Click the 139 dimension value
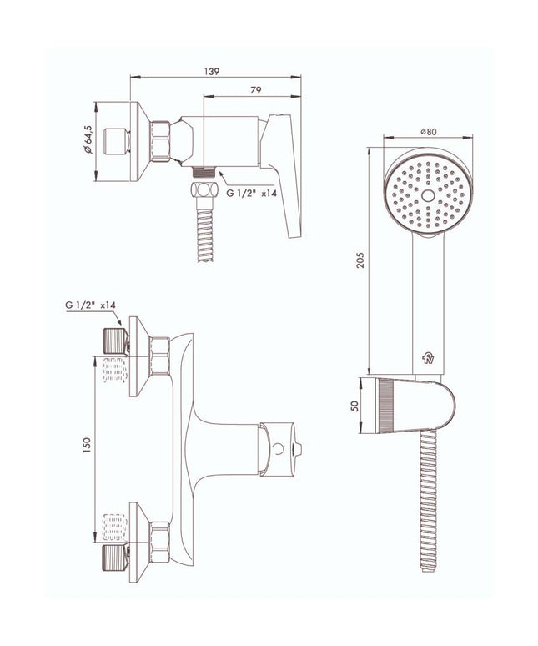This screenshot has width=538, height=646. click(x=212, y=71)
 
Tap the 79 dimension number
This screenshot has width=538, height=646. click(x=255, y=90)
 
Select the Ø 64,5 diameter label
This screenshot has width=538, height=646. click(x=88, y=139)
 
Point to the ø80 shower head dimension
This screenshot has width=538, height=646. click(x=428, y=131)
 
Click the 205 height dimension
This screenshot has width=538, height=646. click(x=360, y=260)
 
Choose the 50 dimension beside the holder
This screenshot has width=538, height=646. click(x=354, y=406)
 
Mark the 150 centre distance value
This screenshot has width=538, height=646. click(x=87, y=446)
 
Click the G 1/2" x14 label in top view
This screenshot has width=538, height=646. click(x=252, y=193)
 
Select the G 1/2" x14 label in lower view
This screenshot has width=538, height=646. click(x=90, y=305)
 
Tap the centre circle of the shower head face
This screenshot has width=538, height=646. click(x=428, y=195)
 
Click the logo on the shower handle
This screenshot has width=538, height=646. click(x=428, y=358)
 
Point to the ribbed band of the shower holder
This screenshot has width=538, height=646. click(x=383, y=406)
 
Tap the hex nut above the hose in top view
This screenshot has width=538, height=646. click(x=204, y=190)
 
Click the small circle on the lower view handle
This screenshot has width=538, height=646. click(x=279, y=448)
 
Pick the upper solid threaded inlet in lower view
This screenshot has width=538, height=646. click(x=115, y=341)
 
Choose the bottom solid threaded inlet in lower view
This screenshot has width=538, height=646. click(x=115, y=557)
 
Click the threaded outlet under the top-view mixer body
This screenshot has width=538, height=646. click(x=204, y=172)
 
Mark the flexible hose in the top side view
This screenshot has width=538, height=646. click(x=204, y=230)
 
